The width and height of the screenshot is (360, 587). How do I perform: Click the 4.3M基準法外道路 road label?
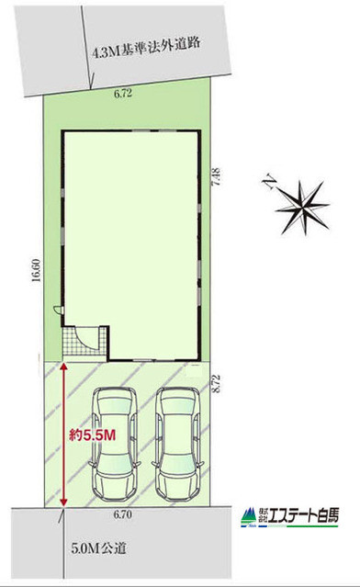coord(146,49)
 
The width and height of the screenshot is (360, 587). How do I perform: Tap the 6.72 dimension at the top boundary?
coord(123,93)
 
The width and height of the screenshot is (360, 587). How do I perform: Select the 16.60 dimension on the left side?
coord(36,270)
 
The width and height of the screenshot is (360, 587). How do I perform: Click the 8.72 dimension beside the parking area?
coord(216,384)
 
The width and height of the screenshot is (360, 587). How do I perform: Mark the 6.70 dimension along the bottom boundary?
coord(123,514)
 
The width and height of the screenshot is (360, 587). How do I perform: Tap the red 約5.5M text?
coord(92,435)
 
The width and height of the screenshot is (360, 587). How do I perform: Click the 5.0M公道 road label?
coord(98,548)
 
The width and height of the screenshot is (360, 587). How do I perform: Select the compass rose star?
coord(304,207)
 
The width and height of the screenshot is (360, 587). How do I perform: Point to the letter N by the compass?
coord(269,183)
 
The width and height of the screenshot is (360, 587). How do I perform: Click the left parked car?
coord(114,444)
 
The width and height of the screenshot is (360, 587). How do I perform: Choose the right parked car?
coord(178,444)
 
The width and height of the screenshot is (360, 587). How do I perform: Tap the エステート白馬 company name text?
coord(304,515)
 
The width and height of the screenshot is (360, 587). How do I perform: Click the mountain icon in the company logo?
coord(249,516)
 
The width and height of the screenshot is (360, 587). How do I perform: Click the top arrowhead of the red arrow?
coord(64,367)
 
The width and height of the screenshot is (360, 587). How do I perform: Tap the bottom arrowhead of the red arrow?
coord(64,502)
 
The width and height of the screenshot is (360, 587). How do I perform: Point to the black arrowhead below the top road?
coord(92,85)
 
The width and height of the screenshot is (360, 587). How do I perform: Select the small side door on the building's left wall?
coord(59,310)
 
